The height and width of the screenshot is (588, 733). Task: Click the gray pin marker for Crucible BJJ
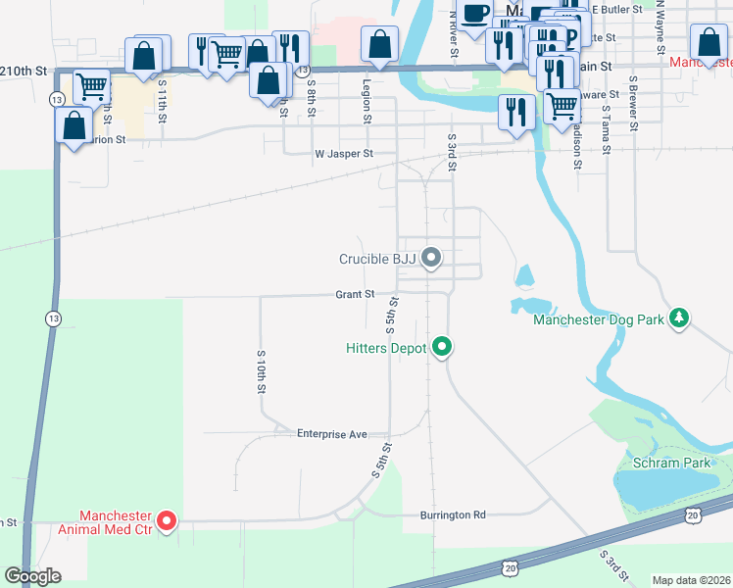coord(432,259)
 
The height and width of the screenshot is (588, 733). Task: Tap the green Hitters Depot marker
coord(442,347)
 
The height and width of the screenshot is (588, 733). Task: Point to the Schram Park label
coord(670,461)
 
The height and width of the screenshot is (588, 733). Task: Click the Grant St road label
coord(355,294)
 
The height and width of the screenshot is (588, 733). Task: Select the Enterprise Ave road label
coord(331,433)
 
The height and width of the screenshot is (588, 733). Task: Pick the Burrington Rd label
coord(453,514)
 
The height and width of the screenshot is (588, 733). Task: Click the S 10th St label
coord(262,369)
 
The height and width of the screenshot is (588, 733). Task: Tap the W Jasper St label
coord(343,154)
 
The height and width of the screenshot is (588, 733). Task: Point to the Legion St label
coord(367,102)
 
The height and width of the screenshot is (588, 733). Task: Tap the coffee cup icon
coord(475,15)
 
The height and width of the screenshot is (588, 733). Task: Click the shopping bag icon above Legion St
coord(379,44)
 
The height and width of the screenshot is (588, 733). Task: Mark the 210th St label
coord(24,72)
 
